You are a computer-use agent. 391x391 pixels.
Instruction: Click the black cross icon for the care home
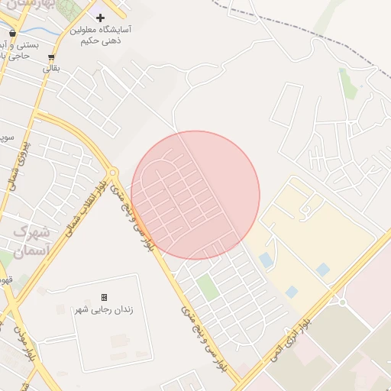tap(100, 17)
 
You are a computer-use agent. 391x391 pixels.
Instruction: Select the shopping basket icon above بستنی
tap(13, 34)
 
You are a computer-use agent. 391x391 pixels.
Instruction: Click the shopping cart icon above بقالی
tap(50, 57)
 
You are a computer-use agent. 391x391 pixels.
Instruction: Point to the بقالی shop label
tap(50, 69)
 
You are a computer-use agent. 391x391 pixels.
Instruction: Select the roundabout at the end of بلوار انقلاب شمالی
tap(113, 174)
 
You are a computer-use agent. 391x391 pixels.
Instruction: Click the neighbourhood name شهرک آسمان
tap(32, 241)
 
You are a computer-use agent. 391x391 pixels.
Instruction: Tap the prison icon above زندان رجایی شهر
tap(104, 297)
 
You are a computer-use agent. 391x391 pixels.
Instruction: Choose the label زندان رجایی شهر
tap(103, 309)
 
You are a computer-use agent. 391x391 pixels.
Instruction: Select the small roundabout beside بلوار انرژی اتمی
tap(341, 302)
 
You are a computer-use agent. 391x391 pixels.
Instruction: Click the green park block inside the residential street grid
tap(207, 288)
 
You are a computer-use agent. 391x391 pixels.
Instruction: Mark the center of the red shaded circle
tap(195, 195)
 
